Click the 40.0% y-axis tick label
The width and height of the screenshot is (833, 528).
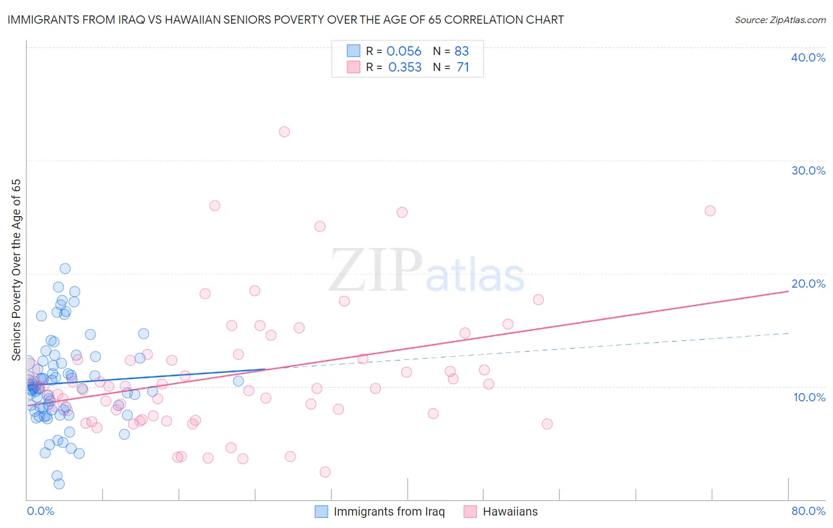(x=808, y=57)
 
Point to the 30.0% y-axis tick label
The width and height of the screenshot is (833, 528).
(x=808, y=170)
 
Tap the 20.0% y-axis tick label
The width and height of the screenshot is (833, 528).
(x=808, y=284)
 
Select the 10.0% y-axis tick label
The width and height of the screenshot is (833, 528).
(x=809, y=397)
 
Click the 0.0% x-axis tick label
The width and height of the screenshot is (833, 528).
(x=40, y=511)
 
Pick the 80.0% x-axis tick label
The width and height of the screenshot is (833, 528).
(x=808, y=511)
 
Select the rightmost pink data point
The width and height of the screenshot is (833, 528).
(x=710, y=211)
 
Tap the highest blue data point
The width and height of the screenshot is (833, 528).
(x=65, y=269)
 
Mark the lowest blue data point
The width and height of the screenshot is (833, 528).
(x=59, y=484)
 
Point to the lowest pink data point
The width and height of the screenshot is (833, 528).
(x=325, y=472)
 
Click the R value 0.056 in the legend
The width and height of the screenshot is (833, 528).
(x=403, y=51)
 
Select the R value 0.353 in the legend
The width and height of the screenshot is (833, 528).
(x=405, y=67)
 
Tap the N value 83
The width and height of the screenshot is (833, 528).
(x=462, y=51)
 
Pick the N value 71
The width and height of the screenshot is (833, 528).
(x=463, y=67)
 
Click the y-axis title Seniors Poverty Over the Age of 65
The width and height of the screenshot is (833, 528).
(x=16, y=270)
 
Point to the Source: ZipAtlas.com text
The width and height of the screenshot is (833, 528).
(x=780, y=20)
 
